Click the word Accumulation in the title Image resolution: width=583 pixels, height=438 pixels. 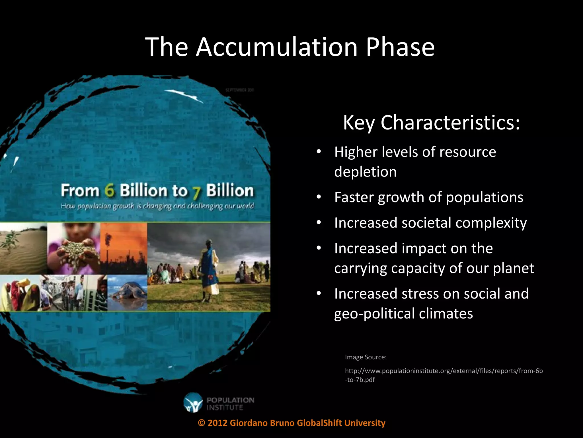tap(276, 47)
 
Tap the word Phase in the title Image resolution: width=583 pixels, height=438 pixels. tap(400, 47)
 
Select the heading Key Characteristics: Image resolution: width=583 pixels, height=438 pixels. tap(432, 123)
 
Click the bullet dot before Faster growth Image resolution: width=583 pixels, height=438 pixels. tap(319, 197)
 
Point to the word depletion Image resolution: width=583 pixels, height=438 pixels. tap(366, 172)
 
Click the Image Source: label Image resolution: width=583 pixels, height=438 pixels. tap(366, 357)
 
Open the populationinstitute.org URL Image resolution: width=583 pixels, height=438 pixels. tap(444, 371)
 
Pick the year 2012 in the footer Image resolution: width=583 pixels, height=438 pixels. tap(217, 423)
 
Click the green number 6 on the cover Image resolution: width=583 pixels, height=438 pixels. tap(109, 190)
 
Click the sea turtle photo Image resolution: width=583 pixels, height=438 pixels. tap(128, 292)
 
